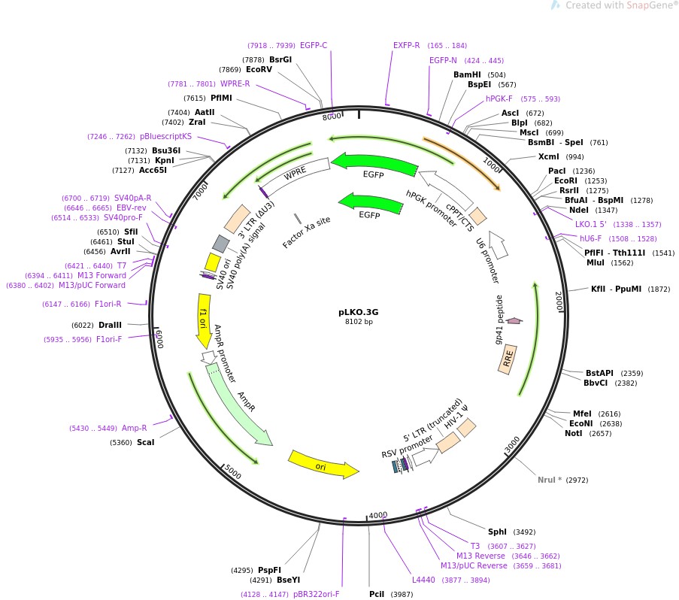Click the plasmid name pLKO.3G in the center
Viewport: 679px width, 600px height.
(358, 311)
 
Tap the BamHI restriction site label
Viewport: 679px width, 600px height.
(468, 74)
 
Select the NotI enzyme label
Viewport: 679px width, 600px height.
(574, 433)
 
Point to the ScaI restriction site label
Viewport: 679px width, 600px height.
(145, 442)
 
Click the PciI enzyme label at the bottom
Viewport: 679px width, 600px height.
(377, 594)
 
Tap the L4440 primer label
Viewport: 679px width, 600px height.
(423, 580)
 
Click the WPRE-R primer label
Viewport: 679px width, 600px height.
(235, 83)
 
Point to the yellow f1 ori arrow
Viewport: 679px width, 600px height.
(204, 320)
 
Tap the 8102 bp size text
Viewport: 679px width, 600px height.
(358, 322)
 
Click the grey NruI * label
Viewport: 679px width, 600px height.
(549, 480)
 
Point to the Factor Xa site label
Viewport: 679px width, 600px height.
(307, 233)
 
